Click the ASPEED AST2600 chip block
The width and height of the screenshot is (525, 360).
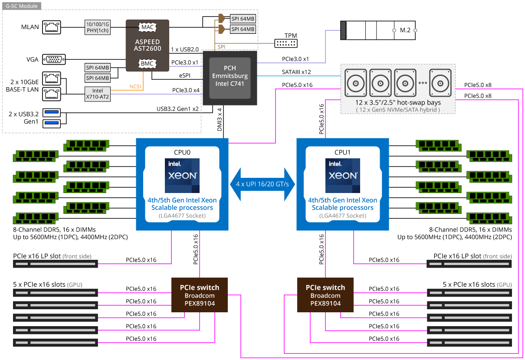point(148,45)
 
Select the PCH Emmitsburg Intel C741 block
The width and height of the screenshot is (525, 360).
point(230,78)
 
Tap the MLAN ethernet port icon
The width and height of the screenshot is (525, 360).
point(52,27)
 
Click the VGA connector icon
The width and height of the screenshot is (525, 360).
point(54,59)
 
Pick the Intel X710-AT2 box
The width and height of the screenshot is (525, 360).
point(98,94)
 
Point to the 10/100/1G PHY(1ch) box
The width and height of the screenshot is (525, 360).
point(98,27)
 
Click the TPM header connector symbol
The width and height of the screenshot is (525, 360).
point(286,43)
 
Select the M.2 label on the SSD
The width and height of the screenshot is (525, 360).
point(405,30)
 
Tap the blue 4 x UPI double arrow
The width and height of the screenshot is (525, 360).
point(262,184)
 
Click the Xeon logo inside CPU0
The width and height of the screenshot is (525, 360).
point(182,176)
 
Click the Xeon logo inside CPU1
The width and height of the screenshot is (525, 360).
point(343,176)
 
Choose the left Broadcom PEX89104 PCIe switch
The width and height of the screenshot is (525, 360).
point(200,295)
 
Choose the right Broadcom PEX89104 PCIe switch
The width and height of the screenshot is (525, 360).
point(325,295)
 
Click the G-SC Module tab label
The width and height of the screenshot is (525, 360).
point(22,6)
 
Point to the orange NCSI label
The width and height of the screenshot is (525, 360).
point(135,87)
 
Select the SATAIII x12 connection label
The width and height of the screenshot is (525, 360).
point(296,72)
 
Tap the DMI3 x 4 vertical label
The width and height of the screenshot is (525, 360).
point(220,120)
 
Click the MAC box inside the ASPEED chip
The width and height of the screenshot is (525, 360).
point(147,27)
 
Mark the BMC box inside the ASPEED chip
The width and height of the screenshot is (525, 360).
point(147,63)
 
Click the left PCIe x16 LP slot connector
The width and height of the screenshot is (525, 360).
point(55,264)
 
